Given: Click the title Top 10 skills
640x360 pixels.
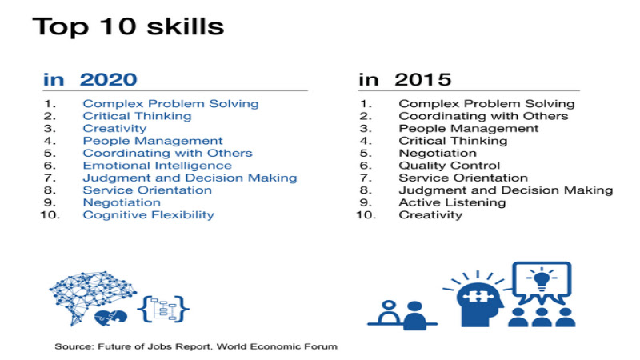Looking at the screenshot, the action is [128, 27].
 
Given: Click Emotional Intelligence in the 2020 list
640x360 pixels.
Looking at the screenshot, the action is [157, 166].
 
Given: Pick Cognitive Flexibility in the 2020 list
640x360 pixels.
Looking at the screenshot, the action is [149, 215].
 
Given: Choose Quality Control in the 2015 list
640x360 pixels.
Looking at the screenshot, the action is [450, 166].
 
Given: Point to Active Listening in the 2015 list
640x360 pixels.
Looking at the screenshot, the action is [452, 202].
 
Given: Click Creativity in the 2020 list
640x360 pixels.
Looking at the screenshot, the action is [114, 129].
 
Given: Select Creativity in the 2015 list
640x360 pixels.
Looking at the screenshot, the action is [430, 215].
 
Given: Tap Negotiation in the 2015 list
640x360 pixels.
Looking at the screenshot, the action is [438, 153].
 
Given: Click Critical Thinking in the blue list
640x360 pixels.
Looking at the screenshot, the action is [137, 116].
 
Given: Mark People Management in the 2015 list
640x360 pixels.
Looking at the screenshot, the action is [469, 129].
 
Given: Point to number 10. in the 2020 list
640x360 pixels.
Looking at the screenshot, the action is [50, 215].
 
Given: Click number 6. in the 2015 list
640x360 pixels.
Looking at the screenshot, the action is [366, 166].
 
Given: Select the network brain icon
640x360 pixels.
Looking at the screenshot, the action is [92, 294].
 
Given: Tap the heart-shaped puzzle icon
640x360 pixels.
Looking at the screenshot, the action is [110, 318].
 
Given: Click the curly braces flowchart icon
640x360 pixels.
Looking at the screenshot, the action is [163, 309].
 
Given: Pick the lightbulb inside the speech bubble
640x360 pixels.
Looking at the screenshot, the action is [542, 280].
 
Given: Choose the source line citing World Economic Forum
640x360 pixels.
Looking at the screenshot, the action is [196, 346].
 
